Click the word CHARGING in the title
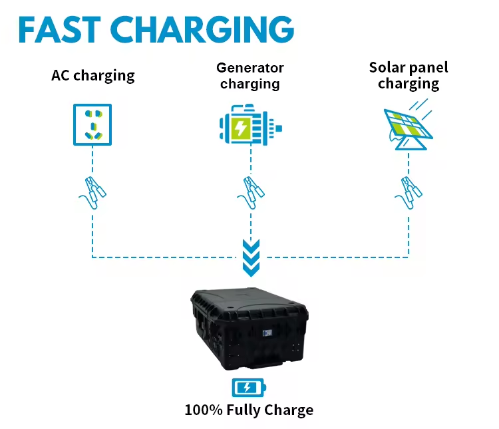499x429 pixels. [202, 29]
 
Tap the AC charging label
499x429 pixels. [92, 75]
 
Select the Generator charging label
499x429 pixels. [250, 76]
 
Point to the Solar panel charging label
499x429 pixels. [409, 75]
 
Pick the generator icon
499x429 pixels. [250, 124]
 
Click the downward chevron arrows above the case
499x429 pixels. [250, 258]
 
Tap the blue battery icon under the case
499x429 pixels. [248, 386]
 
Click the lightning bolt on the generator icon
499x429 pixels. [240, 126]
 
